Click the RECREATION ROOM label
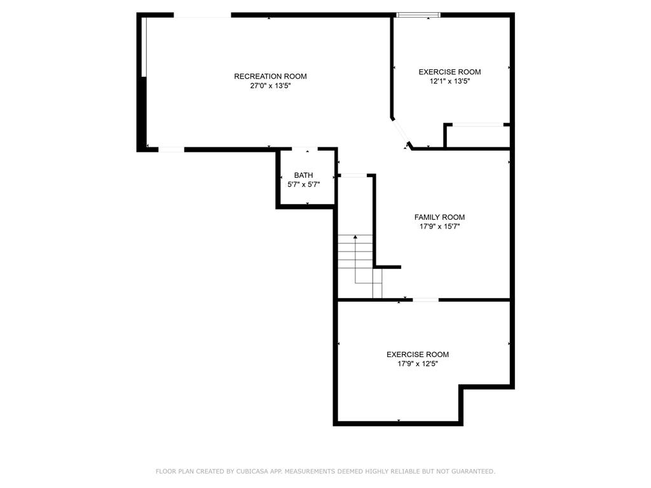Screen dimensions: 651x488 coord(270,76)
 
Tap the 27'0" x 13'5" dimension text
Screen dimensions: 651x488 coord(270,86)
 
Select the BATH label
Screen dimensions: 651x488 coord(303,175)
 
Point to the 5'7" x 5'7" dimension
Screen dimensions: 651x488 coord(303,185)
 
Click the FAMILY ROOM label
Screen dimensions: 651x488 coord(440,217)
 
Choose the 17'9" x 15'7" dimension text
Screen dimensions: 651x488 coord(440,227)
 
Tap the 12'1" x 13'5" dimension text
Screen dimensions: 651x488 coord(449,81)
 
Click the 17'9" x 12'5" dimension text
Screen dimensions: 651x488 coord(418,364)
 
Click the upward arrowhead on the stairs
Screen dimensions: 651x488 coord(355,237)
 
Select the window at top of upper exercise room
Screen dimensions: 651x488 coord(418,15)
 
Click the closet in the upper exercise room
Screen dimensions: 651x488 coord(477,136)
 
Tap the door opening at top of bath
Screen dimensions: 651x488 coord(305,149)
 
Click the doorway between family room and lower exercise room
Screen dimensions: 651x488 coord(425,300)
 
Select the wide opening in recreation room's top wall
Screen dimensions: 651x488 coord(202,15)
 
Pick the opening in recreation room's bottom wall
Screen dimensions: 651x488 coord(172,149)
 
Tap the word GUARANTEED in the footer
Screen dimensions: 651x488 coord(473,471)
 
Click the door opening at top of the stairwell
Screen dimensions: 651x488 coord(353,175)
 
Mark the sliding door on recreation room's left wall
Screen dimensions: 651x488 coord(144,47)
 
